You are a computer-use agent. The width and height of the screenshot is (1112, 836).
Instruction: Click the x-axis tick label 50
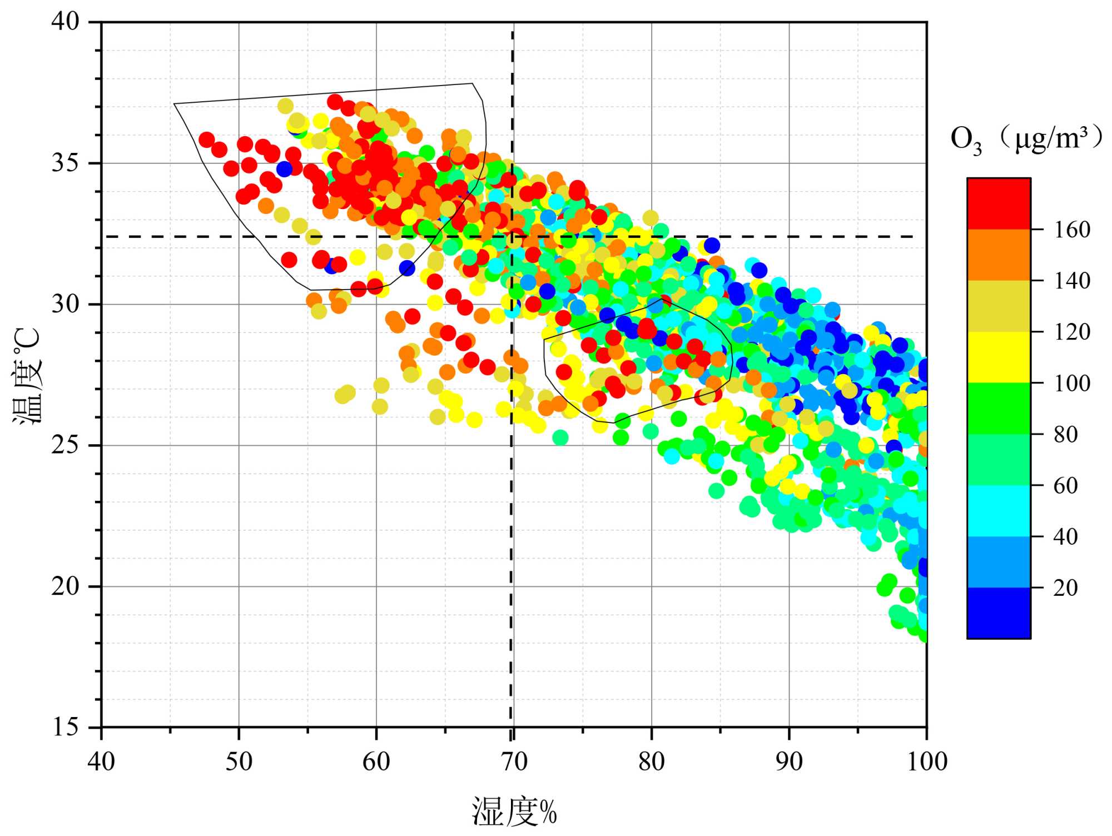239,762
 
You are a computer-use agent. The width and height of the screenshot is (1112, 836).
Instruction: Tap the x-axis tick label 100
927,762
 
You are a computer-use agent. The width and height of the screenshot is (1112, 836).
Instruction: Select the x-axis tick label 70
514,762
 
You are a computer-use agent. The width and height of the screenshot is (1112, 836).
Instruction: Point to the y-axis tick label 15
66,727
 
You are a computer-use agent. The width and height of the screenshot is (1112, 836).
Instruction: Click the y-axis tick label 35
66,163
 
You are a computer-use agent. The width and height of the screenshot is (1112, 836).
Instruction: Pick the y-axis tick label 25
66,445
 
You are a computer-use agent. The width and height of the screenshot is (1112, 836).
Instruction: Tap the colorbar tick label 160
1071,230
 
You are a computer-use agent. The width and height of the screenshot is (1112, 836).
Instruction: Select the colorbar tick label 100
1071,383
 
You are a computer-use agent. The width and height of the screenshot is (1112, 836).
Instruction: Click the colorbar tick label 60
1065,486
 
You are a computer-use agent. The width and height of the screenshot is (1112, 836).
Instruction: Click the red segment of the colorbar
999,203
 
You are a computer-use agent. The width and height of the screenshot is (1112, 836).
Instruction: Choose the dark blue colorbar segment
999,613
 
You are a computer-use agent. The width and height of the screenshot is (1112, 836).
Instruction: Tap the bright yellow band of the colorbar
999,357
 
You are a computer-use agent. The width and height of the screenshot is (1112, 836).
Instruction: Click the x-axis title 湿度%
514,812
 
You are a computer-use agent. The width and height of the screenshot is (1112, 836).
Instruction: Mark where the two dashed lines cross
512,237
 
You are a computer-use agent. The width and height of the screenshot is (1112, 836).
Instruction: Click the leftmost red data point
206,140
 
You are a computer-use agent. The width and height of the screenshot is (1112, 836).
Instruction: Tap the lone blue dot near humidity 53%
284,169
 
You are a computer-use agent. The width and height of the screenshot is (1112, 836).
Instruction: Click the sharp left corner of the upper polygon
175,104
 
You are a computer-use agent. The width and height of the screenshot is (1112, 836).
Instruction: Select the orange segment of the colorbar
999,255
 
